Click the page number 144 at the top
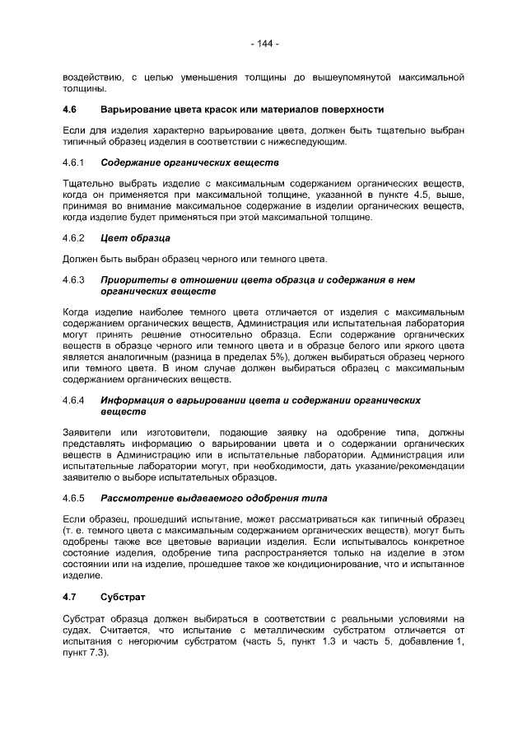pyautogui.click(x=263, y=43)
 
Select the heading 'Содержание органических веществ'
pyautogui.click(x=189, y=163)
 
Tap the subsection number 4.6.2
pyautogui.click(x=74, y=238)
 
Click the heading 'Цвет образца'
pyautogui.click(x=135, y=238)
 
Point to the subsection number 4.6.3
pyautogui.click(x=74, y=280)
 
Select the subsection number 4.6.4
pyautogui.click(x=74, y=400)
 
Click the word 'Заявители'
pyautogui.click(x=86, y=432)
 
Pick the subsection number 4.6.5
pyautogui.click(x=74, y=498)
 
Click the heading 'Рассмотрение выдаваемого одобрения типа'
pyautogui.click(x=213, y=498)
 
